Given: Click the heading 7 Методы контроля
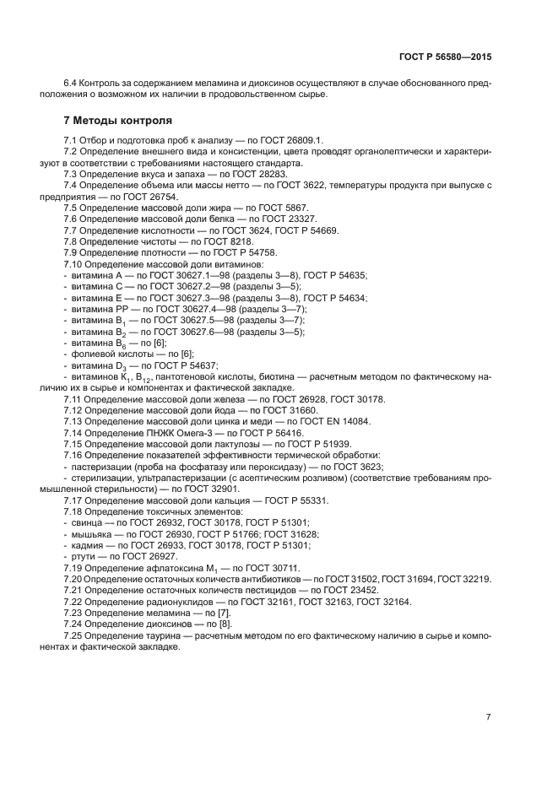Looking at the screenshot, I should (x=112, y=120).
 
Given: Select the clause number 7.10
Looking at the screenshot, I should (x=73, y=264).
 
